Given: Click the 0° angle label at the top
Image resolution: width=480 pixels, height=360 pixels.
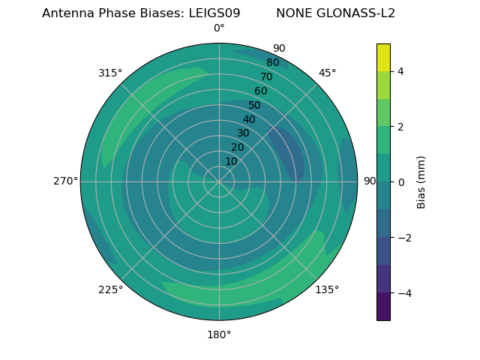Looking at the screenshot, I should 219,28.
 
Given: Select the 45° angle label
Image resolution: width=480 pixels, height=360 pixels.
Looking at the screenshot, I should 328,73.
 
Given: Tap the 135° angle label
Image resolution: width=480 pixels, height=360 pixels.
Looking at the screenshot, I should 327,289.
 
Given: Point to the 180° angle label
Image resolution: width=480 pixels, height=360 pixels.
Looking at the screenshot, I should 219,334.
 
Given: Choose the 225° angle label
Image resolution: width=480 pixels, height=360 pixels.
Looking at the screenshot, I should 110,289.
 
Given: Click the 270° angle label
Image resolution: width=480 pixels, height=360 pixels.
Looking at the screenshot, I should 65,181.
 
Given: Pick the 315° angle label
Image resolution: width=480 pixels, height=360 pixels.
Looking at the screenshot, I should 110,73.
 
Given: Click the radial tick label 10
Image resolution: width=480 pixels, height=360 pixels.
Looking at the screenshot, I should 231,161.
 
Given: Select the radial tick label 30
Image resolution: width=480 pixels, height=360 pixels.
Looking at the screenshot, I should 243,133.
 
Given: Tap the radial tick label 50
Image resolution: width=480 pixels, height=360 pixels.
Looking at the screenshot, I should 254,106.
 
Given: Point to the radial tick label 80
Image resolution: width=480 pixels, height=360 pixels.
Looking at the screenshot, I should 272,63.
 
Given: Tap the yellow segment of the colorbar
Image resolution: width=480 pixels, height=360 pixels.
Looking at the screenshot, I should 383,57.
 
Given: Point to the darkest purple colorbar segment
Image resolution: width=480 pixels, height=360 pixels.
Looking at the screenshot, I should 383,306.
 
